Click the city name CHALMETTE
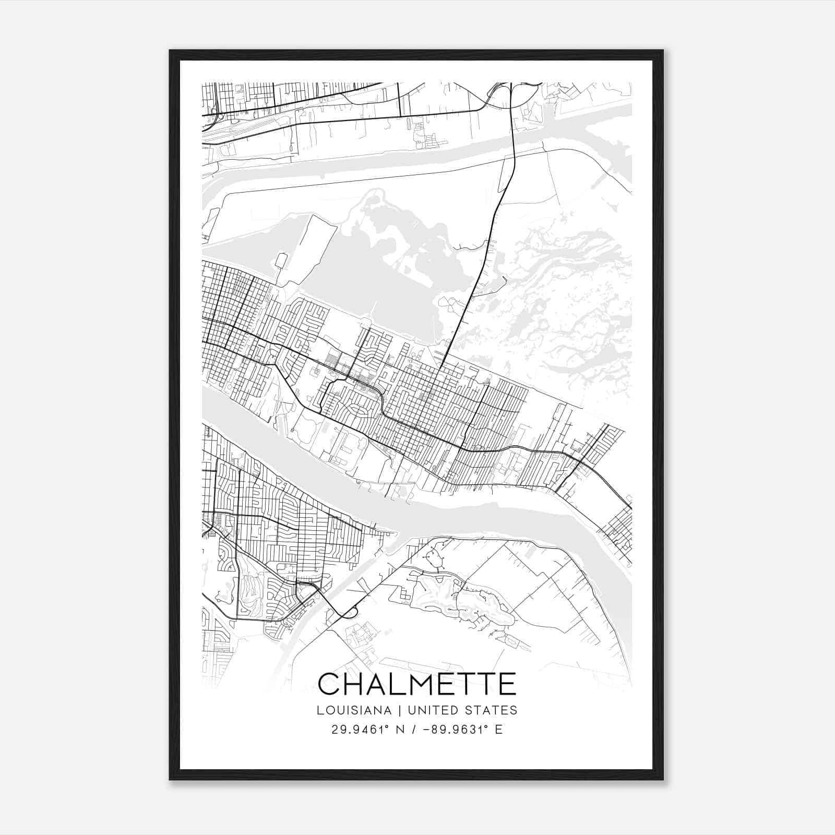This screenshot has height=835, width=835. point(417,684)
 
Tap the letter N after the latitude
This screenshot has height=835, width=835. point(401,730)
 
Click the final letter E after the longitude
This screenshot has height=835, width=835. point(499,730)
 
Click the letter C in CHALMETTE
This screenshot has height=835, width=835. point(329,684)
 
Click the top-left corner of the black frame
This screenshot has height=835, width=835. point(170,51)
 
